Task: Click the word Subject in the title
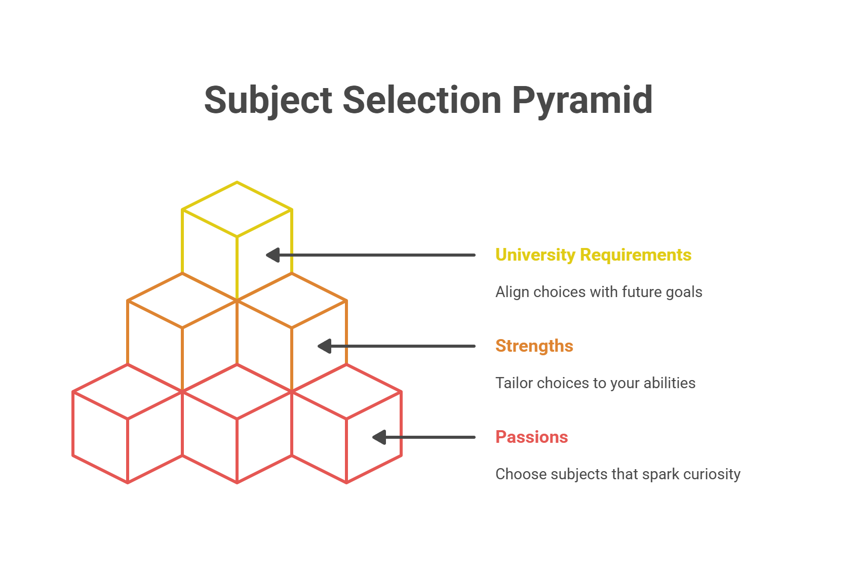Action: [268, 101]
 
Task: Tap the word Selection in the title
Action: [421, 100]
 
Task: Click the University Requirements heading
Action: [594, 255]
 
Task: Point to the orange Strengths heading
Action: [534, 346]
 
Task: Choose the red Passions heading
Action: [531, 437]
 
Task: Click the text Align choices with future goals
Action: [599, 292]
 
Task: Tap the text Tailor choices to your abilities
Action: [595, 383]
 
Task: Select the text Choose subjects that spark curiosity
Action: [618, 474]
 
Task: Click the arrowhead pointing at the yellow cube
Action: [273, 255]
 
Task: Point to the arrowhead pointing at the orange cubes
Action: [325, 346]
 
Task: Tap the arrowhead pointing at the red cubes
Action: [379, 437]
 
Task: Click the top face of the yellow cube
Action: [237, 210]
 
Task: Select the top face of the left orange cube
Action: [182, 301]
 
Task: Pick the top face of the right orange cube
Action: [292, 301]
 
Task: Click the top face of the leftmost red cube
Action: [128, 392]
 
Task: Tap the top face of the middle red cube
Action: [237, 392]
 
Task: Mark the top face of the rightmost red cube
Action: [346, 392]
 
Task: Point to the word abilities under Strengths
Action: [670, 383]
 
